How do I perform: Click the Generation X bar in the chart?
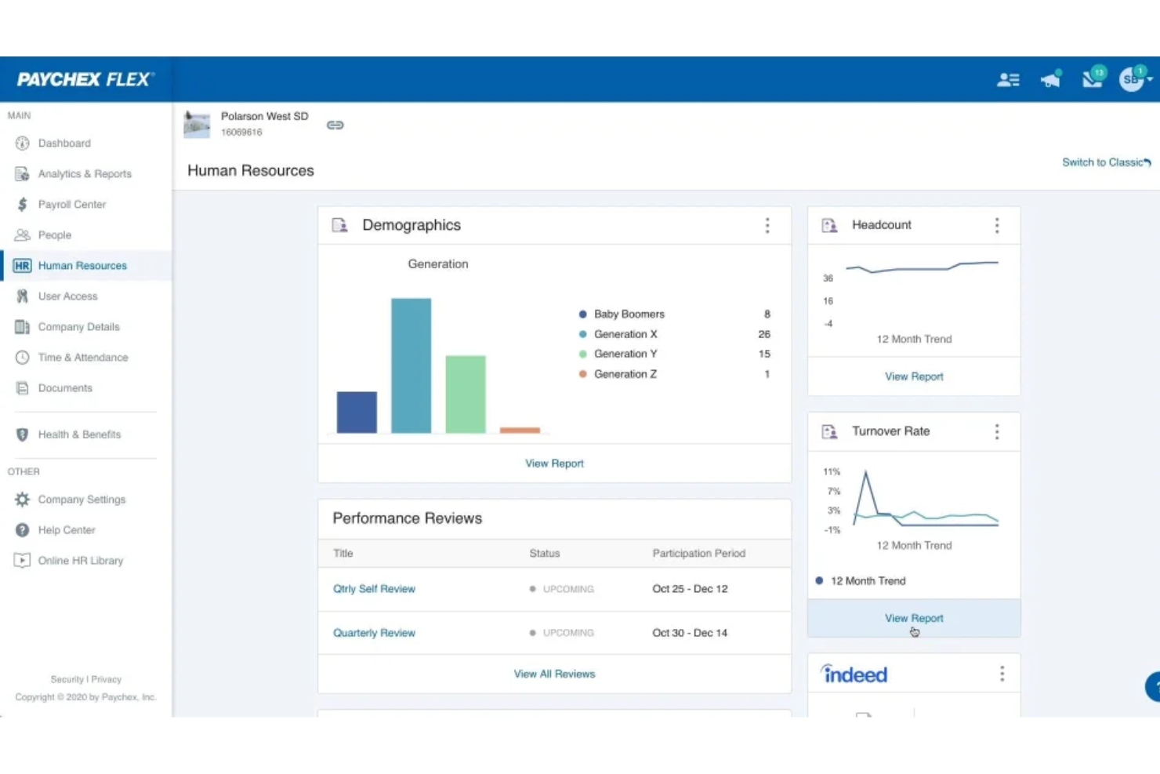tap(411, 365)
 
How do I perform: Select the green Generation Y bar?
tap(466, 394)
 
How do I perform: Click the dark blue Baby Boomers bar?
tap(357, 412)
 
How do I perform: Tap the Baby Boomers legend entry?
tap(629, 314)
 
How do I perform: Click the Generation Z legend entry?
tap(625, 374)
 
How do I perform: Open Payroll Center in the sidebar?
tap(71, 205)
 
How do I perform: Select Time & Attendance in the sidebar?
tap(82, 358)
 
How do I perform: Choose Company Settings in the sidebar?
tap(82, 500)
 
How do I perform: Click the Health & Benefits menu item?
tap(79, 434)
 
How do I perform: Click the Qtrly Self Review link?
tap(374, 589)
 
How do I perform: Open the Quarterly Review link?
tap(374, 633)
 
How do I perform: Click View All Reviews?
tap(554, 674)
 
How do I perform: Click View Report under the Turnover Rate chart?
tap(914, 618)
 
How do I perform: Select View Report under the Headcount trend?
tap(914, 376)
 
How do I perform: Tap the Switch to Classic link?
tap(1105, 162)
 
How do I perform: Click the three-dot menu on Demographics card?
tap(767, 226)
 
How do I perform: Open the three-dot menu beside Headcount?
tap(997, 226)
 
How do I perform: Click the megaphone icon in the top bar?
tap(1050, 79)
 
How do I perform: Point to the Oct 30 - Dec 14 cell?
tap(690, 633)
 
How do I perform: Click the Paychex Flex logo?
tap(85, 79)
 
